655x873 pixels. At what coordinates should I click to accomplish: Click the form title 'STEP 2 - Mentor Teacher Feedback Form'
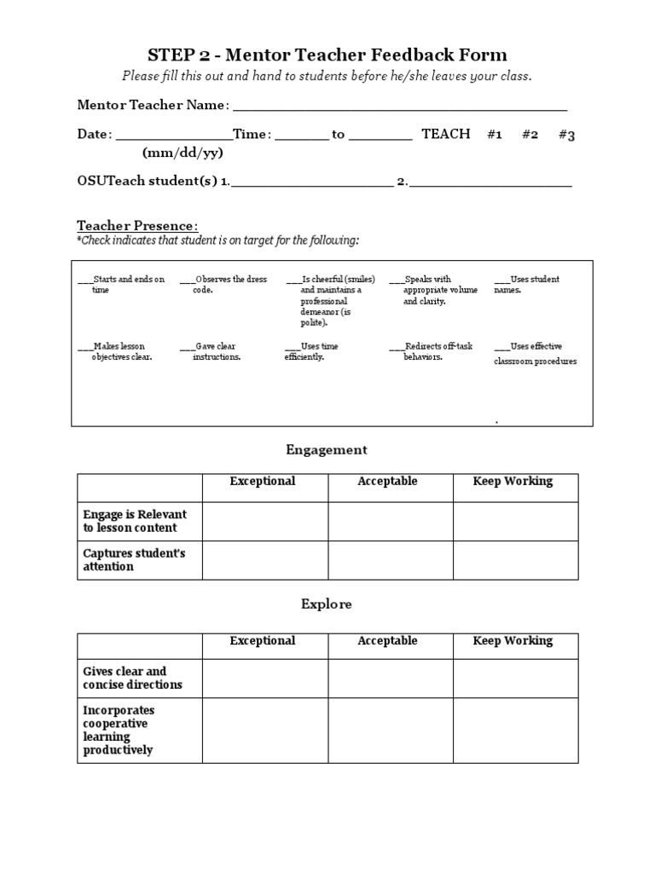pyautogui.click(x=327, y=55)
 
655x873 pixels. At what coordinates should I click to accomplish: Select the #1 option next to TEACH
pyautogui.click(x=494, y=135)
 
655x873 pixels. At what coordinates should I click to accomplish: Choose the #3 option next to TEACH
pyautogui.click(x=566, y=135)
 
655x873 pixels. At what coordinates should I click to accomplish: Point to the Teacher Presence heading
pyautogui.click(x=137, y=226)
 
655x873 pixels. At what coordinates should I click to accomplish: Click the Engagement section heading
pyautogui.click(x=327, y=449)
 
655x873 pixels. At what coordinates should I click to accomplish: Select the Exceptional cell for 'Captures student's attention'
pyautogui.click(x=264, y=560)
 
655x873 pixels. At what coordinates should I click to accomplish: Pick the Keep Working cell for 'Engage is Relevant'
pyautogui.click(x=514, y=521)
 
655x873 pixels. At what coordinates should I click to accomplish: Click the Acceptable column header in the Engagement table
pyautogui.click(x=388, y=482)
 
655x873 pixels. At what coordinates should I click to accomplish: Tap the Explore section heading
pyautogui.click(x=327, y=604)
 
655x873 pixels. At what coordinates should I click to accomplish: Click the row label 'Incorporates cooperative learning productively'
pyautogui.click(x=119, y=730)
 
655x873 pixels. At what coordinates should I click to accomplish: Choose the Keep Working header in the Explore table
pyautogui.click(x=513, y=641)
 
